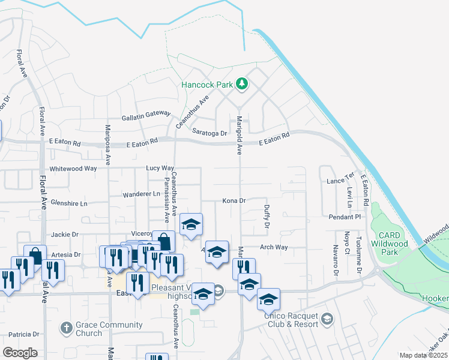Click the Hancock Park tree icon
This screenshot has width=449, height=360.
coord(241,84)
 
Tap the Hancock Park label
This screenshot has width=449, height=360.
coord(207,85)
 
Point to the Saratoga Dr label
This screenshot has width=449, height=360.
coord(209,133)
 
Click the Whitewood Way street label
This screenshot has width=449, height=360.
coord(73,169)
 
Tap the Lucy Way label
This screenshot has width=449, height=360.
coord(160,169)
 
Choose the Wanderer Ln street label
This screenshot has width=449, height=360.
coord(141,194)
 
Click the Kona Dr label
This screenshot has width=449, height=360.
coord(235,200)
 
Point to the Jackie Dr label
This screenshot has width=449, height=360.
coord(65,235)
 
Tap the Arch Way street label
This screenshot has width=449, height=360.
coord(274,247)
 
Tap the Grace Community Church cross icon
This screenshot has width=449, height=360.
coord(66,329)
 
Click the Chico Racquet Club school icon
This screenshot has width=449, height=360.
coord(327,317)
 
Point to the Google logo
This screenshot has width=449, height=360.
coord(20,353)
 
